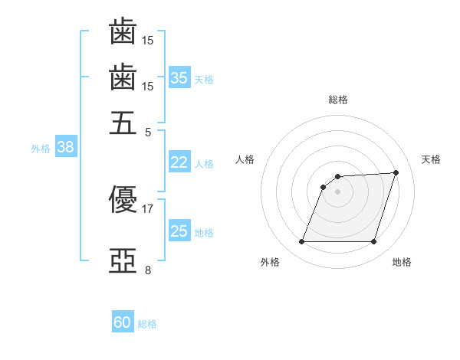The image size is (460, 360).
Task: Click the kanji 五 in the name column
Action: click(x=123, y=123)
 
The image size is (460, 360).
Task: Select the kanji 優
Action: click(x=123, y=199)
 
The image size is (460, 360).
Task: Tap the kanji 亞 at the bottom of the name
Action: click(x=123, y=260)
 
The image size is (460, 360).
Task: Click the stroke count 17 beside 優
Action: click(x=147, y=209)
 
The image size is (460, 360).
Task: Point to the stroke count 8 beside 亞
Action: click(x=148, y=270)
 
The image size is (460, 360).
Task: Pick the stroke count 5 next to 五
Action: click(x=148, y=133)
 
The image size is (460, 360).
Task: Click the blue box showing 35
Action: click(x=179, y=77)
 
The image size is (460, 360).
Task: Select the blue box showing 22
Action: click(x=179, y=162)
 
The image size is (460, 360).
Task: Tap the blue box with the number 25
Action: click(x=179, y=230)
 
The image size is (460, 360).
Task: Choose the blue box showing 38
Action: click(x=66, y=146)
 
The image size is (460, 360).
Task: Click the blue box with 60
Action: click(x=123, y=321)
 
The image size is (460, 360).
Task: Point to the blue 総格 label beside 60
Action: click(x=147, y=324)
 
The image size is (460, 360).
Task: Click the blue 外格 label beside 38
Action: click(x=41, y=149)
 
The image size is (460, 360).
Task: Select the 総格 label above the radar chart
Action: click(x=338, y=100)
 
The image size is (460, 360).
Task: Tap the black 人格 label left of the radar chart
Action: click(x=245, y=159)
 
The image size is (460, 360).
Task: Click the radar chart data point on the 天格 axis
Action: click(x=396, y=172)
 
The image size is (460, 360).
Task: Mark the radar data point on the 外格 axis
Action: click(x=301, y=241)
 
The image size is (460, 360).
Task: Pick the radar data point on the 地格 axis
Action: click(x=373, y=241)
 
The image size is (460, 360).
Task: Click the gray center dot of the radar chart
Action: click(x=337, y=191)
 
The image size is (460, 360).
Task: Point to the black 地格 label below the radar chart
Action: click(x=402, y=262)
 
